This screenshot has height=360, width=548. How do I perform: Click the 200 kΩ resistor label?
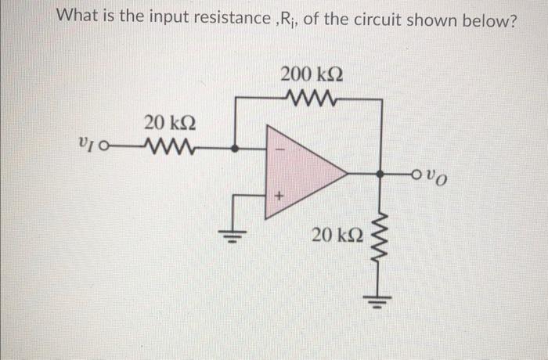click(x=312, y=76)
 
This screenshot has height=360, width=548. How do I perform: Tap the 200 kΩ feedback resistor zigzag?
click(x=311, y=99)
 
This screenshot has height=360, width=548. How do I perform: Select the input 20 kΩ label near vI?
click(x=170, y=123)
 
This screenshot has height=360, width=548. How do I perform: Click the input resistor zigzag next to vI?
click(x=164, y=146)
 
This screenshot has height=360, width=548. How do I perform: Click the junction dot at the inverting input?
click(x=239, y=146)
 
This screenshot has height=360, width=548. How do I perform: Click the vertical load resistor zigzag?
click(x=381, y=235)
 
